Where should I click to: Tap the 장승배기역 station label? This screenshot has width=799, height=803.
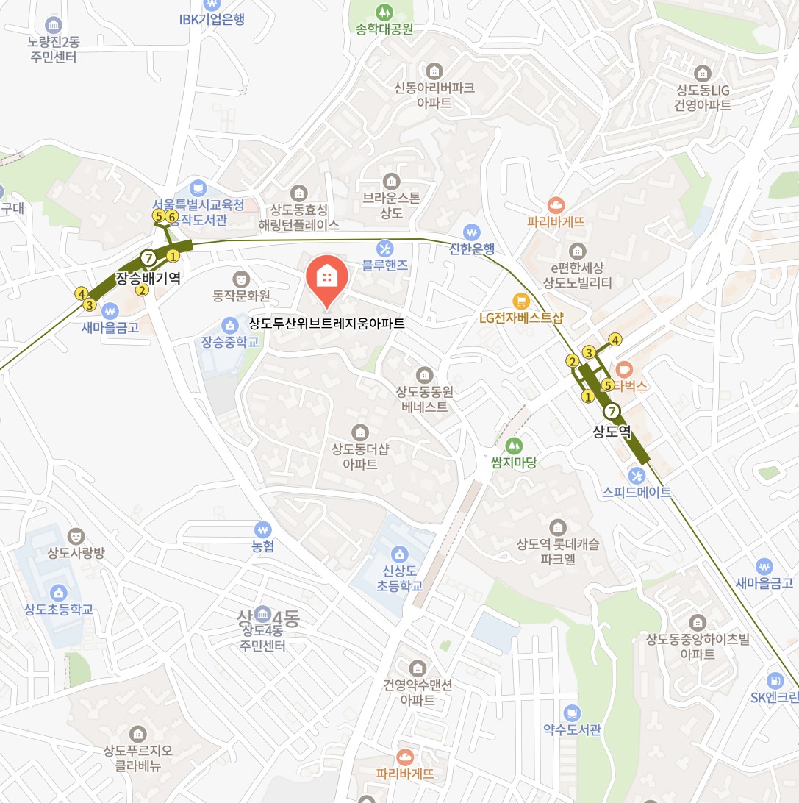[x=148, y=278]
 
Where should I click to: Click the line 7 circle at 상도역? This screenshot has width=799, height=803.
[x=612, y=412]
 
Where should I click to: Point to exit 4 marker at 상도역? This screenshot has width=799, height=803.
[x=615, y=340]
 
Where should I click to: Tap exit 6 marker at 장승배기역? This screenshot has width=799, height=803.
[x=171, y=216]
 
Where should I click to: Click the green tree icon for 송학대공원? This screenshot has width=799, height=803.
[x=384, y=12]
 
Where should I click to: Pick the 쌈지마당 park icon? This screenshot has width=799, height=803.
[x=514, y=445]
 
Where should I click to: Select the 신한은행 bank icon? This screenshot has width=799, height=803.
[x=471, y=231]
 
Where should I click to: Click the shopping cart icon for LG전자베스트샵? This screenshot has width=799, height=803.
[x=521, y=300]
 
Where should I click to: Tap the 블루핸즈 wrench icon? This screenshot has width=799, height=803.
[x=384, y=247]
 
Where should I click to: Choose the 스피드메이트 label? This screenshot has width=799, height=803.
[x=637, y=492]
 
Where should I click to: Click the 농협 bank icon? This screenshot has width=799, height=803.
[x=262, y=529]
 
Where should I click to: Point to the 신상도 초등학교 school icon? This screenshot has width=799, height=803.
[x=399, y=553]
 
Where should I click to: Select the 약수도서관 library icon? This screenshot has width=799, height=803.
[x=571, y=712]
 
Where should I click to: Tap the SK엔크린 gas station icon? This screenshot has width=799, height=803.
[x=774, y=680]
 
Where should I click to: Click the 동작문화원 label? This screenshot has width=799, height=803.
[x=241, y=296]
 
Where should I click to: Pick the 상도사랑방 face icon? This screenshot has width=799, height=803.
[x=74, y=535]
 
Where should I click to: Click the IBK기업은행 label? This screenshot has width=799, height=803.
[x=212, y=20]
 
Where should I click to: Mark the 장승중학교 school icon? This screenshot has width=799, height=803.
[x=229, y=324]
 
